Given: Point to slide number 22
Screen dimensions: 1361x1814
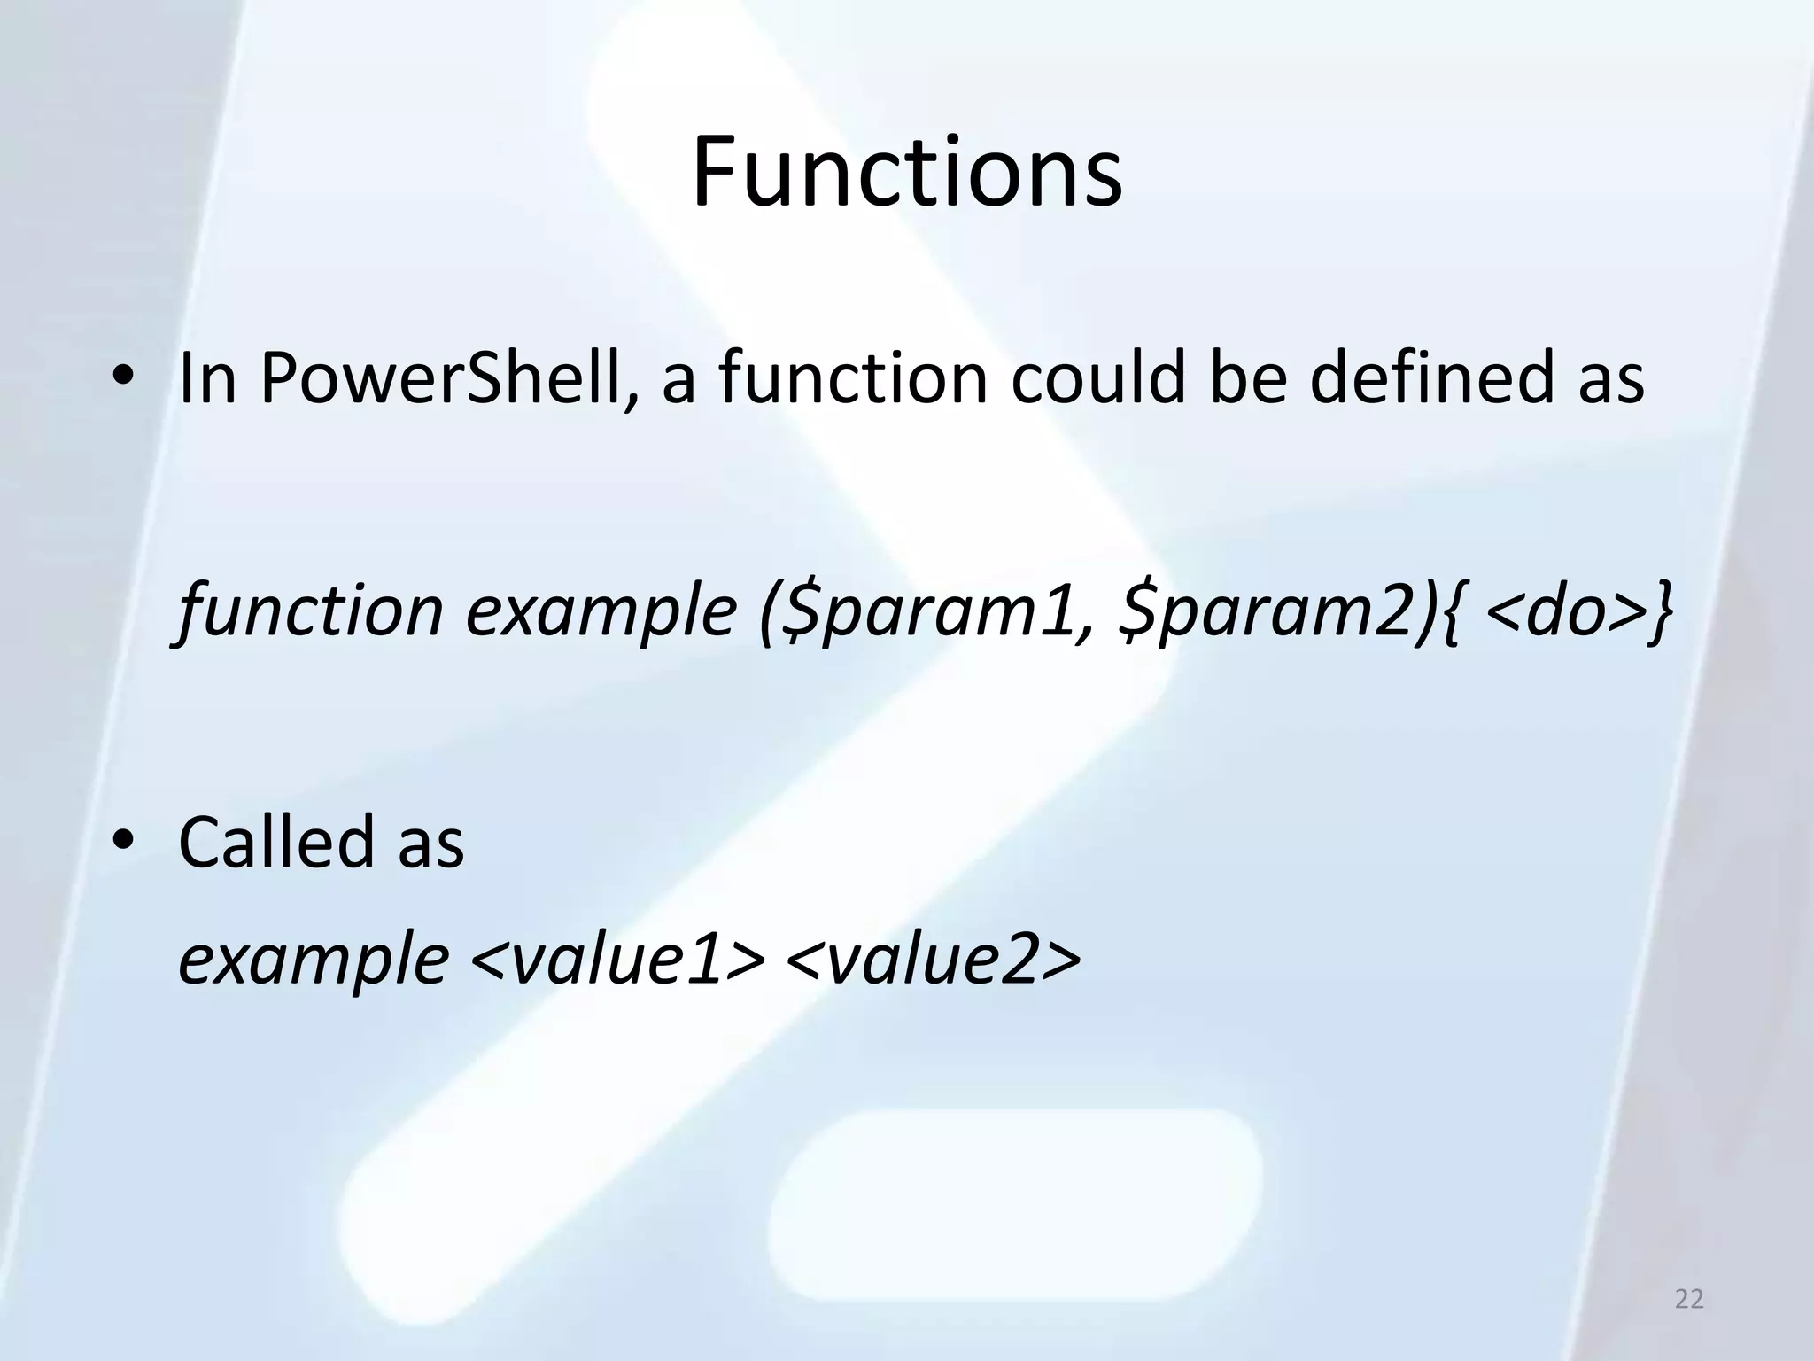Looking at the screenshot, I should point(1689,1299).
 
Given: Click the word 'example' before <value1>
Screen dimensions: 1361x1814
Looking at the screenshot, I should point(314,961).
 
